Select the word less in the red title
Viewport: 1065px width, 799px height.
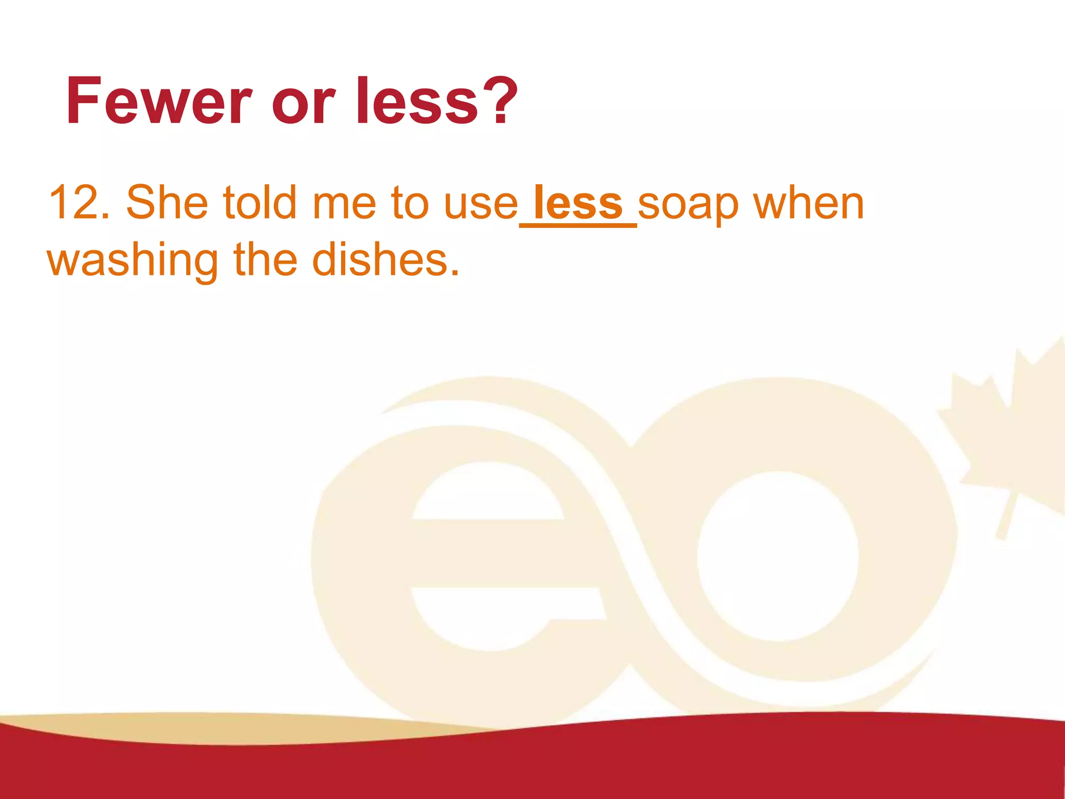pyautogui.click(x=417, y=101)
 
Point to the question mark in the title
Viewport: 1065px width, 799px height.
pyautogui.click(x=498, y=101)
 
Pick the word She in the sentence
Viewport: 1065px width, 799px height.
pyautogui.click(x=167, y=202)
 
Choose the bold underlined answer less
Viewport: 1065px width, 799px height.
pyautogui.click(x=578, y=203)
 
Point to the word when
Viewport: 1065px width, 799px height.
pyautogui.click(x=809, y=202)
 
